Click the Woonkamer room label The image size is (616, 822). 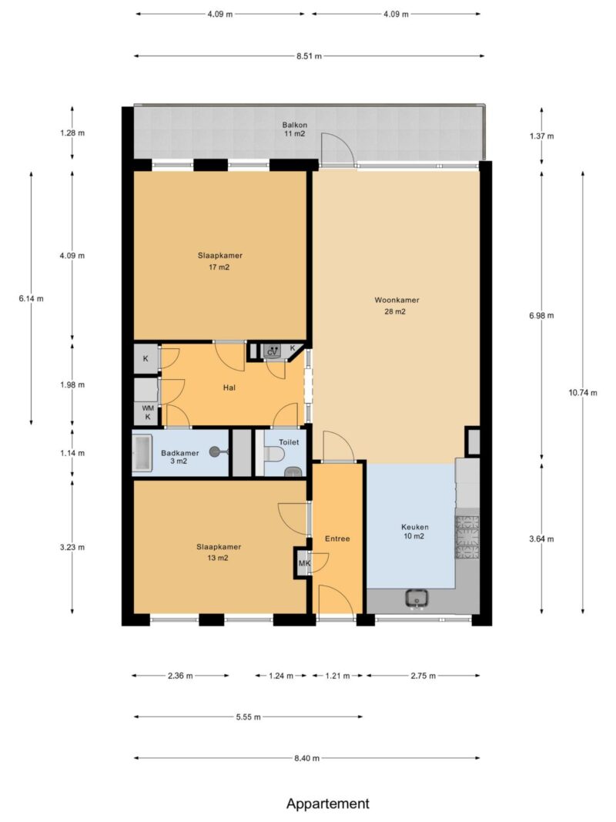(x=397, y=300)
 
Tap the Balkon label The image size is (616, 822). (x=294, y=125)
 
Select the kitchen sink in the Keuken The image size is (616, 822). (x=417, y=598)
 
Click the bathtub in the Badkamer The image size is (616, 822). (x=142, y=453)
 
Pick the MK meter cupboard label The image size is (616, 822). (x=304, y=564)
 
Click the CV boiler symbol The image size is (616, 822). (x=273, y=351)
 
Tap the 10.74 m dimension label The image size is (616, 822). (x=582, y=393)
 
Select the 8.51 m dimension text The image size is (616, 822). (x=309, y=56)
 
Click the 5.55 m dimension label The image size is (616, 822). (x=248, y=716)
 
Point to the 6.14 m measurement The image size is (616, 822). (x=31, y=299)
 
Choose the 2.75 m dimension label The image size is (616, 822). (x=423, y=676)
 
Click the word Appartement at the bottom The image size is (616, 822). (x=328, y=804)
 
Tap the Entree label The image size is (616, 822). (x=337, y=538)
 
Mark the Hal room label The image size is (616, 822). (x=229, y=388)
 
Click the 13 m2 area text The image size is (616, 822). (x=218, y=558)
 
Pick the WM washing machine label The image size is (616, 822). (x=149, y=408)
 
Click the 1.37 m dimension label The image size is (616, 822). (x=541, y=136)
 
